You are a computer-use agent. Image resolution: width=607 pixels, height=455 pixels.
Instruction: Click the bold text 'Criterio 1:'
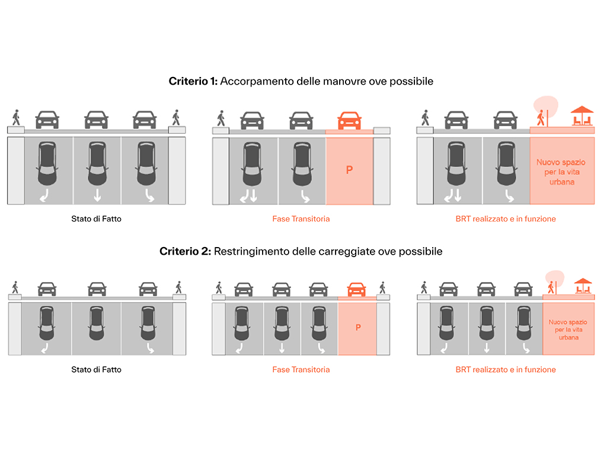pyautogui.click(x=193, y=81)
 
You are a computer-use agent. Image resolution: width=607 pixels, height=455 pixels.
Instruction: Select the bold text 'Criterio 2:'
pyautogui.click(x=185, y=251)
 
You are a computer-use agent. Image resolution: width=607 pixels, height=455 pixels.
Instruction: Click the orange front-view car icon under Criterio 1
pyautogui.click(x=349, y=120)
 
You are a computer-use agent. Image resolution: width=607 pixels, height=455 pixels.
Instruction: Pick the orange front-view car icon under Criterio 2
pyautogui.click(x=356, y=289)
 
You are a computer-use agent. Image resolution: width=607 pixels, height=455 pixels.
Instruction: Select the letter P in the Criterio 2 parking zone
pyautogui.click(x=358, y=328)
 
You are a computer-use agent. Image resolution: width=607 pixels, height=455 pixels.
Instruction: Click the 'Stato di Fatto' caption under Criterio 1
pyautogui.click(x=96, y=219)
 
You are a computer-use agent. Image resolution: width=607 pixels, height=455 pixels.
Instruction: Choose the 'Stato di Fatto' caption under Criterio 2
pyautogui.click(x=96, y=369)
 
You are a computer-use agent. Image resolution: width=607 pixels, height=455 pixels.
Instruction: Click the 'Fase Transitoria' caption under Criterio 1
pyautogui.click(x=301, y=219)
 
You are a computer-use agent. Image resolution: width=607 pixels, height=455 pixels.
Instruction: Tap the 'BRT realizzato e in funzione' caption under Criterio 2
pyautogui.click(x=506, y=369)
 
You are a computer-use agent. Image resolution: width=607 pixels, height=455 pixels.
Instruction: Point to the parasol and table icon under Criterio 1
pyautogui.click(x=582, y=116)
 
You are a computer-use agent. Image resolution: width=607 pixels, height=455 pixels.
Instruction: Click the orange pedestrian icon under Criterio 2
pyautogui.click(x=552, y=287)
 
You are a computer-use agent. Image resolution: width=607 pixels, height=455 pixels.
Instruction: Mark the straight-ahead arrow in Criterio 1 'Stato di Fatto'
pyautogui.click(x=96, y=196)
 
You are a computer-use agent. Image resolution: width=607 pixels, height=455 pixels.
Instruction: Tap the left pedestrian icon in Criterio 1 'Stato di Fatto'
pyautogui.click(x=16, y=117)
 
